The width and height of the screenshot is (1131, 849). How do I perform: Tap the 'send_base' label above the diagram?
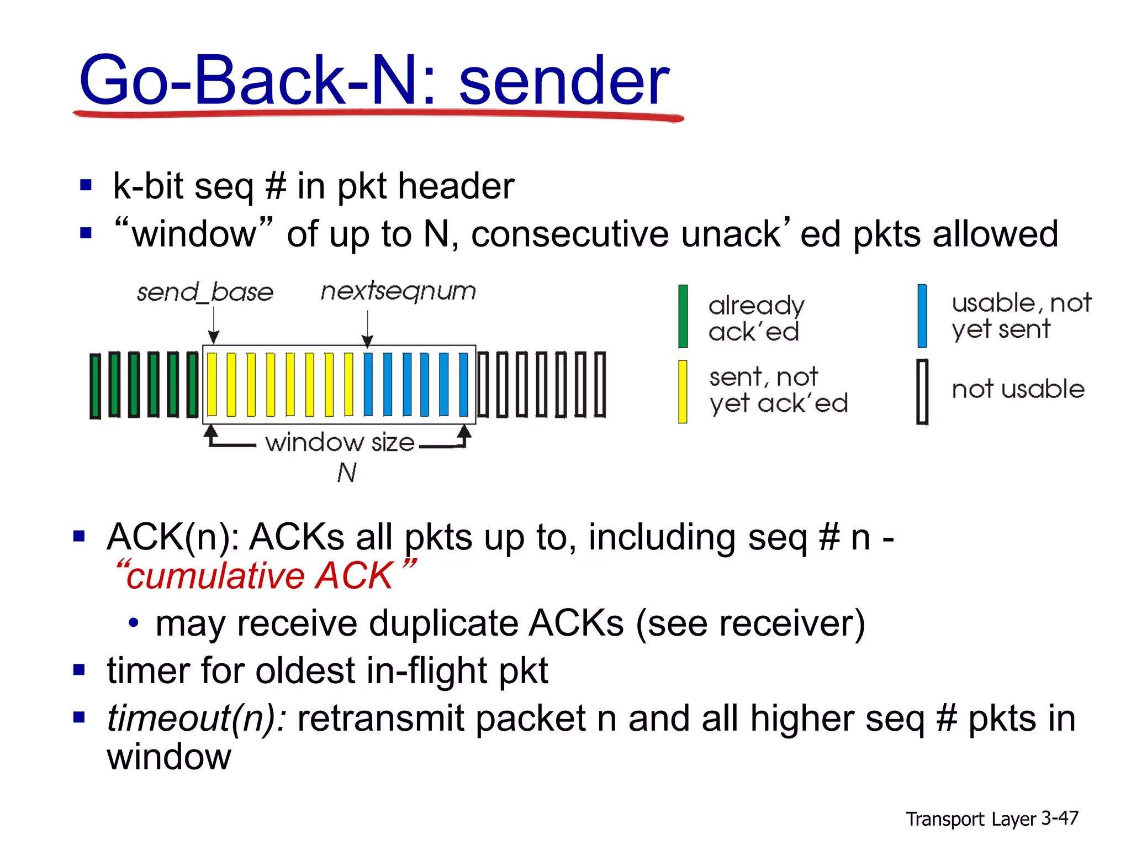(x=205, y=292)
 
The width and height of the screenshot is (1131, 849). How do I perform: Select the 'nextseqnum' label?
(x=398, y=291)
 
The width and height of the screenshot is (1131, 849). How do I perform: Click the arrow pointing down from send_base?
(x=214, y=326)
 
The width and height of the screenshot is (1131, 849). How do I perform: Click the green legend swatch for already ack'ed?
(x=683, y=316)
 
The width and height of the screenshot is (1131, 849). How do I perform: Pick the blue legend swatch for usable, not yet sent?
(x=922, y=316)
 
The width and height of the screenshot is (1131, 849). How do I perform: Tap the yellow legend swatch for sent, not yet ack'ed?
(x=683, y=391)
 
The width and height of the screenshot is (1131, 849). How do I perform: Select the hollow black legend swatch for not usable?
(x=922, y=391)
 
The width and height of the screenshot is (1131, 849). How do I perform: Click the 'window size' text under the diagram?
(x=340, y=443)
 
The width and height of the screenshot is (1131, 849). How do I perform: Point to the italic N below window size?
(x=347, y=473)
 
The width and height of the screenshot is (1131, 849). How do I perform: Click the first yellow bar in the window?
(x=212, y=384)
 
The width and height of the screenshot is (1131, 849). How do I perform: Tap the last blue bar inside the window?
(x=463, y=384)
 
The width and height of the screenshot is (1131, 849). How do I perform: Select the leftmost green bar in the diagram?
(x=95, y=385)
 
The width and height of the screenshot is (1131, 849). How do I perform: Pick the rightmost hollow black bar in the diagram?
(x=600, y=384)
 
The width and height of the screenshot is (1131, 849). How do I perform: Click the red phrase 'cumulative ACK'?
(x=260, y=576)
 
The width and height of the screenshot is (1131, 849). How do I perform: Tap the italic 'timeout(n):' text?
(x=197, y=719)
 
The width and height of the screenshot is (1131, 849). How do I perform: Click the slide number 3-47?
(x=1059, y=818)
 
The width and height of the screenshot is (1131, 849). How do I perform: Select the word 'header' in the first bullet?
(x=456, y=186)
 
